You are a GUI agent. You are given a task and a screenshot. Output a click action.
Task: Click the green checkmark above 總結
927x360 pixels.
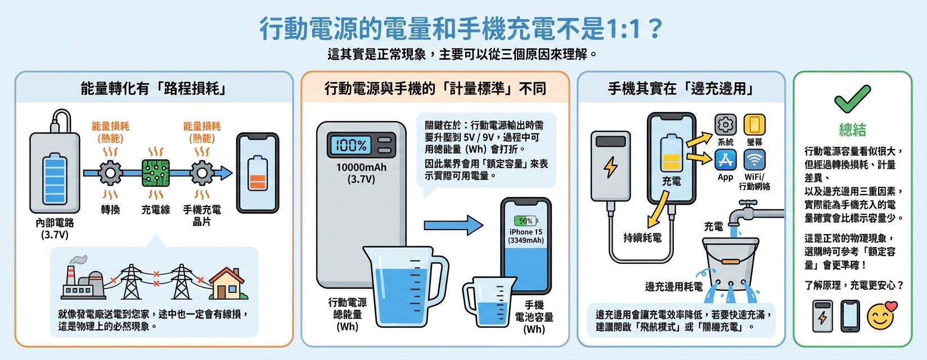pos(852,100)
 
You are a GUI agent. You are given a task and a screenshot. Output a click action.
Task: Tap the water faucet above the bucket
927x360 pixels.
pos(749,213)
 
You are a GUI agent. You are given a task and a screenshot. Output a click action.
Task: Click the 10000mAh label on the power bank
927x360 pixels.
pos(361,167)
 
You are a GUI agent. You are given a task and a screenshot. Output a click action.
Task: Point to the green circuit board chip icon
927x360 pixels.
pos(156,173)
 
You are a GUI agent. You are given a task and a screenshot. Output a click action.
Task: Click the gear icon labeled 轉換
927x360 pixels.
pos(110,173)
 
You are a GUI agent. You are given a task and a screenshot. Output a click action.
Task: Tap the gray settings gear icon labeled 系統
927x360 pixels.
pos(726,125)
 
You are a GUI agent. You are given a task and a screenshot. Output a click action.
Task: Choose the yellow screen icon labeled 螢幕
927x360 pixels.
pos(754,125)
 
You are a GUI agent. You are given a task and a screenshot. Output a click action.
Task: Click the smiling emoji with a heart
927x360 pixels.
pos(881,316)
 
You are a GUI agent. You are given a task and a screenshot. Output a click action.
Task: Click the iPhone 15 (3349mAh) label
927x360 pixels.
pos(526,236)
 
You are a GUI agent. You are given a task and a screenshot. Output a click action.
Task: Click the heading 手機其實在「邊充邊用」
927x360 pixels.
pos(681,88)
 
